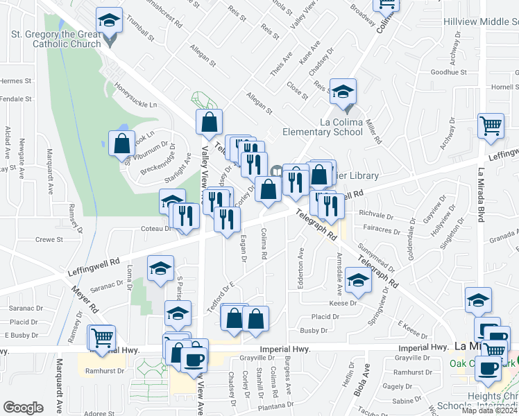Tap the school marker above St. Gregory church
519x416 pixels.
pos(109,21)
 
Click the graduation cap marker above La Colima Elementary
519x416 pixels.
pos(342,92)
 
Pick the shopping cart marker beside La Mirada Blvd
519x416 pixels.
pos(491,127)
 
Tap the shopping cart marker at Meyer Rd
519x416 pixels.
pos(101,338)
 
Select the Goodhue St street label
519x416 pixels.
pos(448,72)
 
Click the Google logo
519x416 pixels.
pos(24,408)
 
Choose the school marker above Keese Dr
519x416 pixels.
pos(358,280)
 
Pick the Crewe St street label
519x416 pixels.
pos(49,239)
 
